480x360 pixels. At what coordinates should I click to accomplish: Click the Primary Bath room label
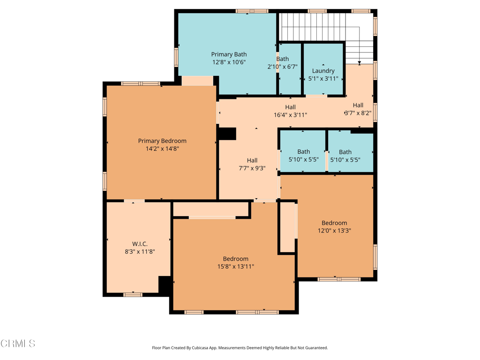[229, 54]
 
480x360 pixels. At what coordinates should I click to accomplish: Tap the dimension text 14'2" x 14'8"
[162, 149]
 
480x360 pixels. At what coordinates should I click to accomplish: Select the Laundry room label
[323, 71]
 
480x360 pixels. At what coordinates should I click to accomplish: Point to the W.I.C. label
[140, 244]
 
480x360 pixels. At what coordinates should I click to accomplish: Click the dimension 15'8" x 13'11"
[235, 266]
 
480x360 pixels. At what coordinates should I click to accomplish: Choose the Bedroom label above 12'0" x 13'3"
[334, 223]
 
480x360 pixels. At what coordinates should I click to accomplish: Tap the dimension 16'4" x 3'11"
[290, 114]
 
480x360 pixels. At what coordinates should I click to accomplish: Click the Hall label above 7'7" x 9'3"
[252, 160]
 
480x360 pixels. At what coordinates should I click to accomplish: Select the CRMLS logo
[18, 344]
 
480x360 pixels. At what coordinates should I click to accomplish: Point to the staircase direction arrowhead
[360, 62]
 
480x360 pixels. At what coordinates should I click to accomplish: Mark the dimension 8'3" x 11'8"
[140, 251]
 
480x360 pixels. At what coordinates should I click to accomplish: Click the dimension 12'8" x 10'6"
[229, 62]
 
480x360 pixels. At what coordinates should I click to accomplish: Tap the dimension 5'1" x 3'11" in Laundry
[323, 78]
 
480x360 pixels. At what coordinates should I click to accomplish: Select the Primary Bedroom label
[162, 141]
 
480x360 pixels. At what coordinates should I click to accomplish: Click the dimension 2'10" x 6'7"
[282, 67]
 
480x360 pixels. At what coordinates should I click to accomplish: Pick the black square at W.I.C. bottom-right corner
[165, 285]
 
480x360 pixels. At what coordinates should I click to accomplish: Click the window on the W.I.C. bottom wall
[133, 294]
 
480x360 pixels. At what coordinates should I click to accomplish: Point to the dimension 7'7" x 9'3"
[252, 168]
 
